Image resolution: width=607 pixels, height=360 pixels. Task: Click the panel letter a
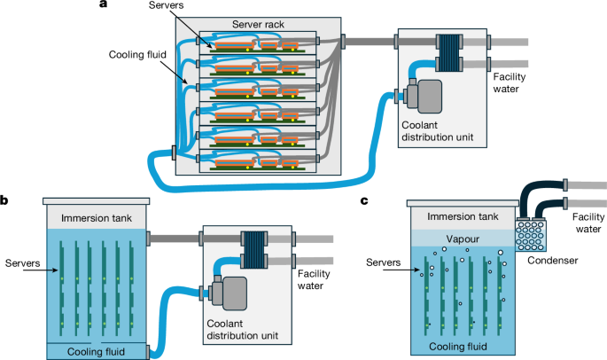105,6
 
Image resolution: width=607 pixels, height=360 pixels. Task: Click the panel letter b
5,201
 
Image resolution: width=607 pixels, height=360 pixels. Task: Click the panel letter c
365,201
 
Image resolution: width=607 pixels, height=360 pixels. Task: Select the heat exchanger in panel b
256,247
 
